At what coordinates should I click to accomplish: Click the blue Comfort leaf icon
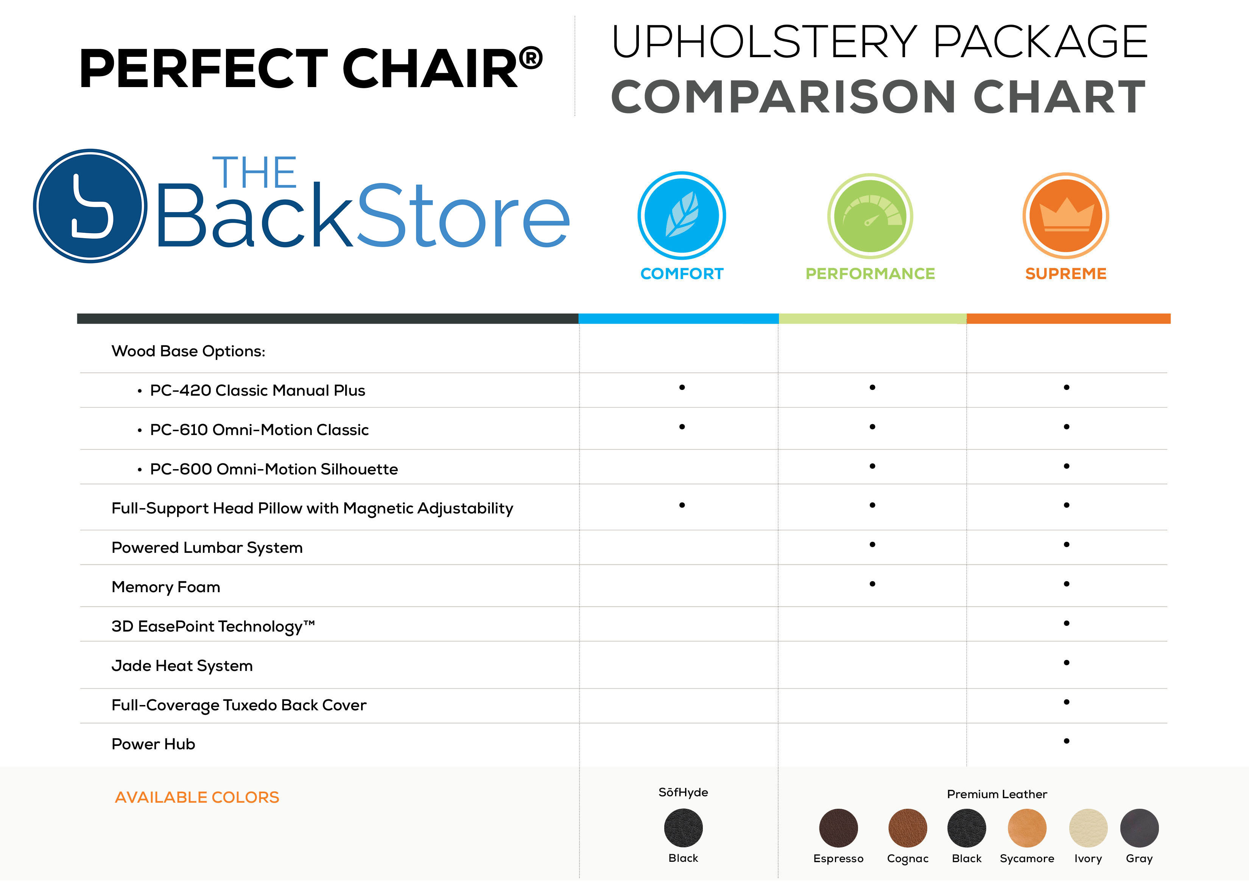pos(682,215)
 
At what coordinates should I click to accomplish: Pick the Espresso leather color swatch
pos(838,828)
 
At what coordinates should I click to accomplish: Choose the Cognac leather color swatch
pos(908,828)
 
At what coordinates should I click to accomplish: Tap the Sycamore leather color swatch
pos(1027,828)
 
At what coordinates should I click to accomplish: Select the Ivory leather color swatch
pos(1088,828)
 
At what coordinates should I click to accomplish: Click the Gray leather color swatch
pos(1139,828)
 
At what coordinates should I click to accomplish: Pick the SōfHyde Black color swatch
pos(684,828)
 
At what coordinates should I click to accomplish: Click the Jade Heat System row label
pos(182,666)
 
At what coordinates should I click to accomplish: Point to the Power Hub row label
pos(153,744)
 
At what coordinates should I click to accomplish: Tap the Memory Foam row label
pos(166,587)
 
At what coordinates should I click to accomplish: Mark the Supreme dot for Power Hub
pos(1066,741)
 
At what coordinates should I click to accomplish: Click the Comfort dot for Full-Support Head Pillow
pos(682,505)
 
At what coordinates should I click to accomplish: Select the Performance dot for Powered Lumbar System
pos(872,544)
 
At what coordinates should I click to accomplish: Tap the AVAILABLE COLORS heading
pos(197,798)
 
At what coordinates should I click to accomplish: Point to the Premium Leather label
pos(997,794)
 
